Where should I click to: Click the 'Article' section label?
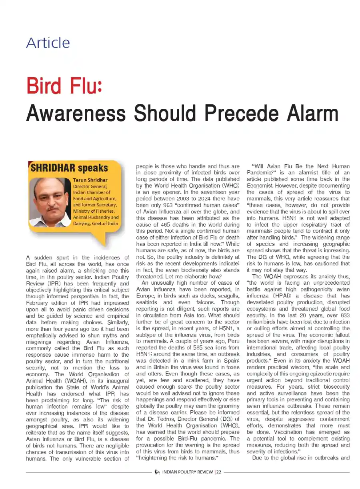coord(48,43)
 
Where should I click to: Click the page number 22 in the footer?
coord(218,472)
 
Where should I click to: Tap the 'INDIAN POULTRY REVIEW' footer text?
coord(187,472)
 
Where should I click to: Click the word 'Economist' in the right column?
coord(260,186)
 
